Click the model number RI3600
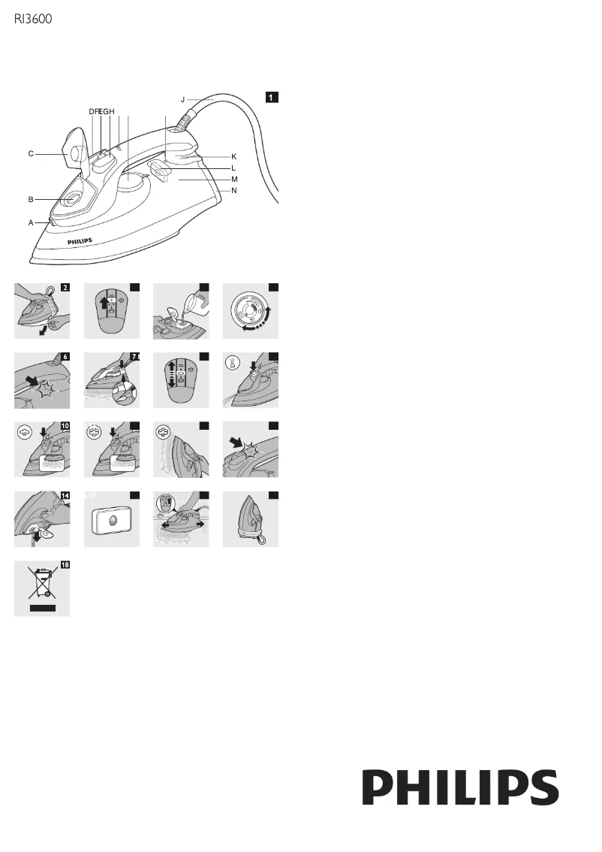coord(33,21)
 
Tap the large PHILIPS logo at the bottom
coord(461,788)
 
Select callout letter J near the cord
coord(182,98)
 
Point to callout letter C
coord(31,154)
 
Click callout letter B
coord(31,200)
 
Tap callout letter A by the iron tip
coord(31,223)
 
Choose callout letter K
coord(234,156)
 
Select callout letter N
coord(234,191)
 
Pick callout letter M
coord(234,180)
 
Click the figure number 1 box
coord(272,97)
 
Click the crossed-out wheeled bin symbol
coord(42,584)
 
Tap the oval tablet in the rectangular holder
coord(112,520)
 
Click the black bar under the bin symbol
coord(42,606)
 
